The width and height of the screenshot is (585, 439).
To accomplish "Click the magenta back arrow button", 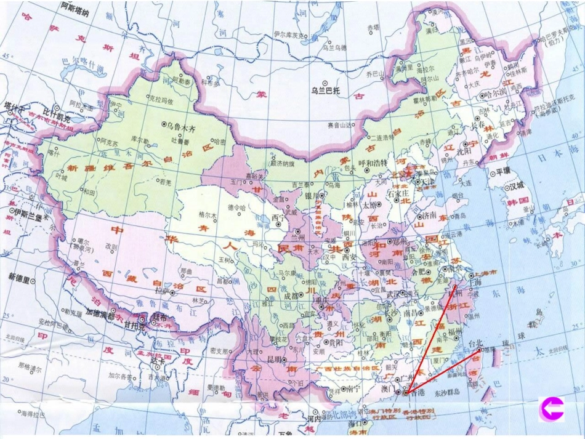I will coord(552,408).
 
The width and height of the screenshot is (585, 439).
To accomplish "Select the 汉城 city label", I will coord(517,187).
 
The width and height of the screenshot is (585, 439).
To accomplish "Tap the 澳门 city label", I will coord(392,390).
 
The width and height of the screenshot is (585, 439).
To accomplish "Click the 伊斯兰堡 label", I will coord(27,214).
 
